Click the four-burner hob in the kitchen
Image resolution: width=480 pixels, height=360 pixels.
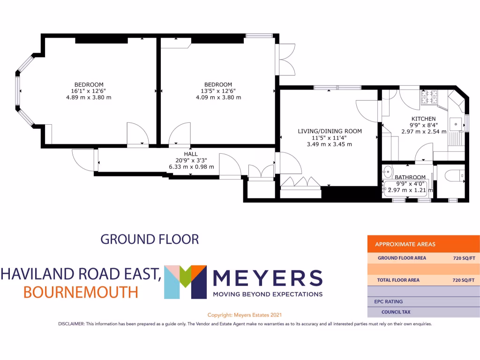tap(430, 97)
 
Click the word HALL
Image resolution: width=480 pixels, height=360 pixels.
tap(191, 154)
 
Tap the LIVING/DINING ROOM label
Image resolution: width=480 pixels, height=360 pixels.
tap(330, 131)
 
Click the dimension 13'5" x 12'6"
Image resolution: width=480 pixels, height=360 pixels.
tap(218, 91)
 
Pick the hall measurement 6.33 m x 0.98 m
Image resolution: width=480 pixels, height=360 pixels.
tap(191, 167)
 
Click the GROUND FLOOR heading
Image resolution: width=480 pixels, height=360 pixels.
tap(150, 239)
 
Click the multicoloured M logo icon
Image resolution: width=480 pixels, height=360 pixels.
tap(185, 282)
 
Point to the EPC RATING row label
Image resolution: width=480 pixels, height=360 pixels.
tap(388, 301)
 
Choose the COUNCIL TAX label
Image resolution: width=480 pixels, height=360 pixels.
tap(396, 312)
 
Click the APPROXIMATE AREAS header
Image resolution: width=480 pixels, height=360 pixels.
tap(405, 244)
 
